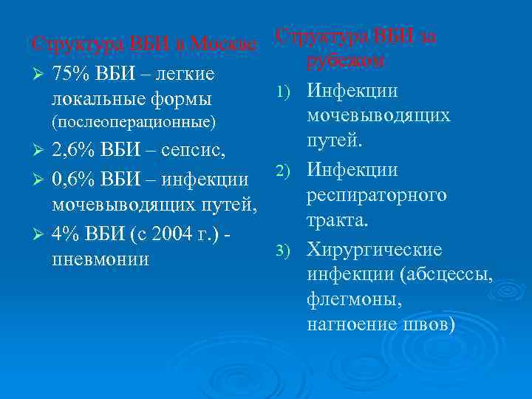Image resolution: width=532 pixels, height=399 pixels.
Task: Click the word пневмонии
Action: (x=100, y=259)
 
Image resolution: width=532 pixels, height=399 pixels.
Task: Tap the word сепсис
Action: (x=196, y=151)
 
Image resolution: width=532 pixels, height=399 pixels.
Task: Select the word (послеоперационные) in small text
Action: (x=134, y=120)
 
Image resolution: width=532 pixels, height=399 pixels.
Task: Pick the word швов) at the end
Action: (x=427, y=325)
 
